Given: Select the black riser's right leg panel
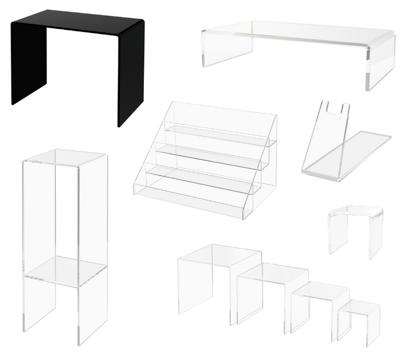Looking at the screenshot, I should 130,73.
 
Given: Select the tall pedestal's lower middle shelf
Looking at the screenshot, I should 65,271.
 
